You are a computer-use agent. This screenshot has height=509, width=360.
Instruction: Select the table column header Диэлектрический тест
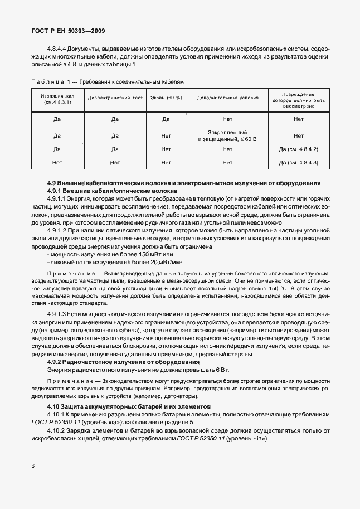(115, 98)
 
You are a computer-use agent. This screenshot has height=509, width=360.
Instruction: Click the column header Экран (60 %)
(166, 98)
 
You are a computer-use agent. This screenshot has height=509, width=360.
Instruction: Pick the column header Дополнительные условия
(227, 98)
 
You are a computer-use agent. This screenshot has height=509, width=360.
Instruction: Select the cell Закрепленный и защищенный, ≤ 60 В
(227, 135)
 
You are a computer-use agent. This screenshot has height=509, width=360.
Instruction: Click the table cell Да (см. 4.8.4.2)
(298, 149)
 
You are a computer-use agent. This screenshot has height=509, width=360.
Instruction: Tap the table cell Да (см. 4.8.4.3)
(298, 163)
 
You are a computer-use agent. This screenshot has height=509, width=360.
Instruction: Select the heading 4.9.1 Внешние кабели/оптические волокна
(99, 191)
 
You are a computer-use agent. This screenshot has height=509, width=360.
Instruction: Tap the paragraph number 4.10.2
(57, 432)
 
